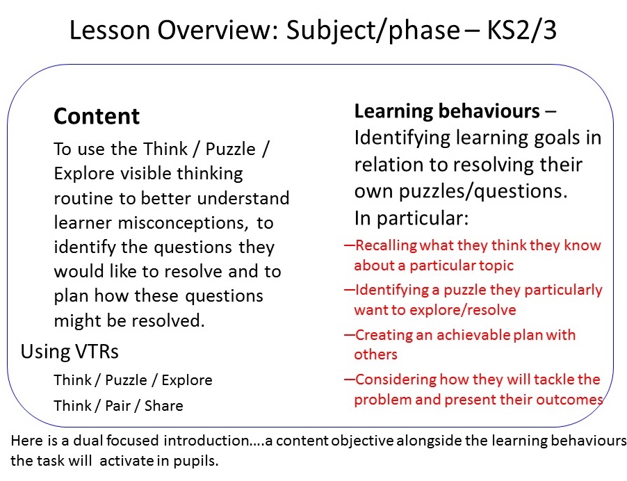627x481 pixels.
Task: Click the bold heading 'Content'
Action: click(97, 116)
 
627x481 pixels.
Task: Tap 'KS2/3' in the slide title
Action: click(522, 30)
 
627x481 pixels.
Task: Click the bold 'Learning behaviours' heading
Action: click(447, 111)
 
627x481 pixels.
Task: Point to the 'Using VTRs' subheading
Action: click(70, 352)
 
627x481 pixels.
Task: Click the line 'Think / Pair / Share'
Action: click(118, 405)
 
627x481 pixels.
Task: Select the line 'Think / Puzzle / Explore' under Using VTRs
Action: click(133, 380)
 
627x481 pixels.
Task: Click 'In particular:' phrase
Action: click(411, 218)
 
